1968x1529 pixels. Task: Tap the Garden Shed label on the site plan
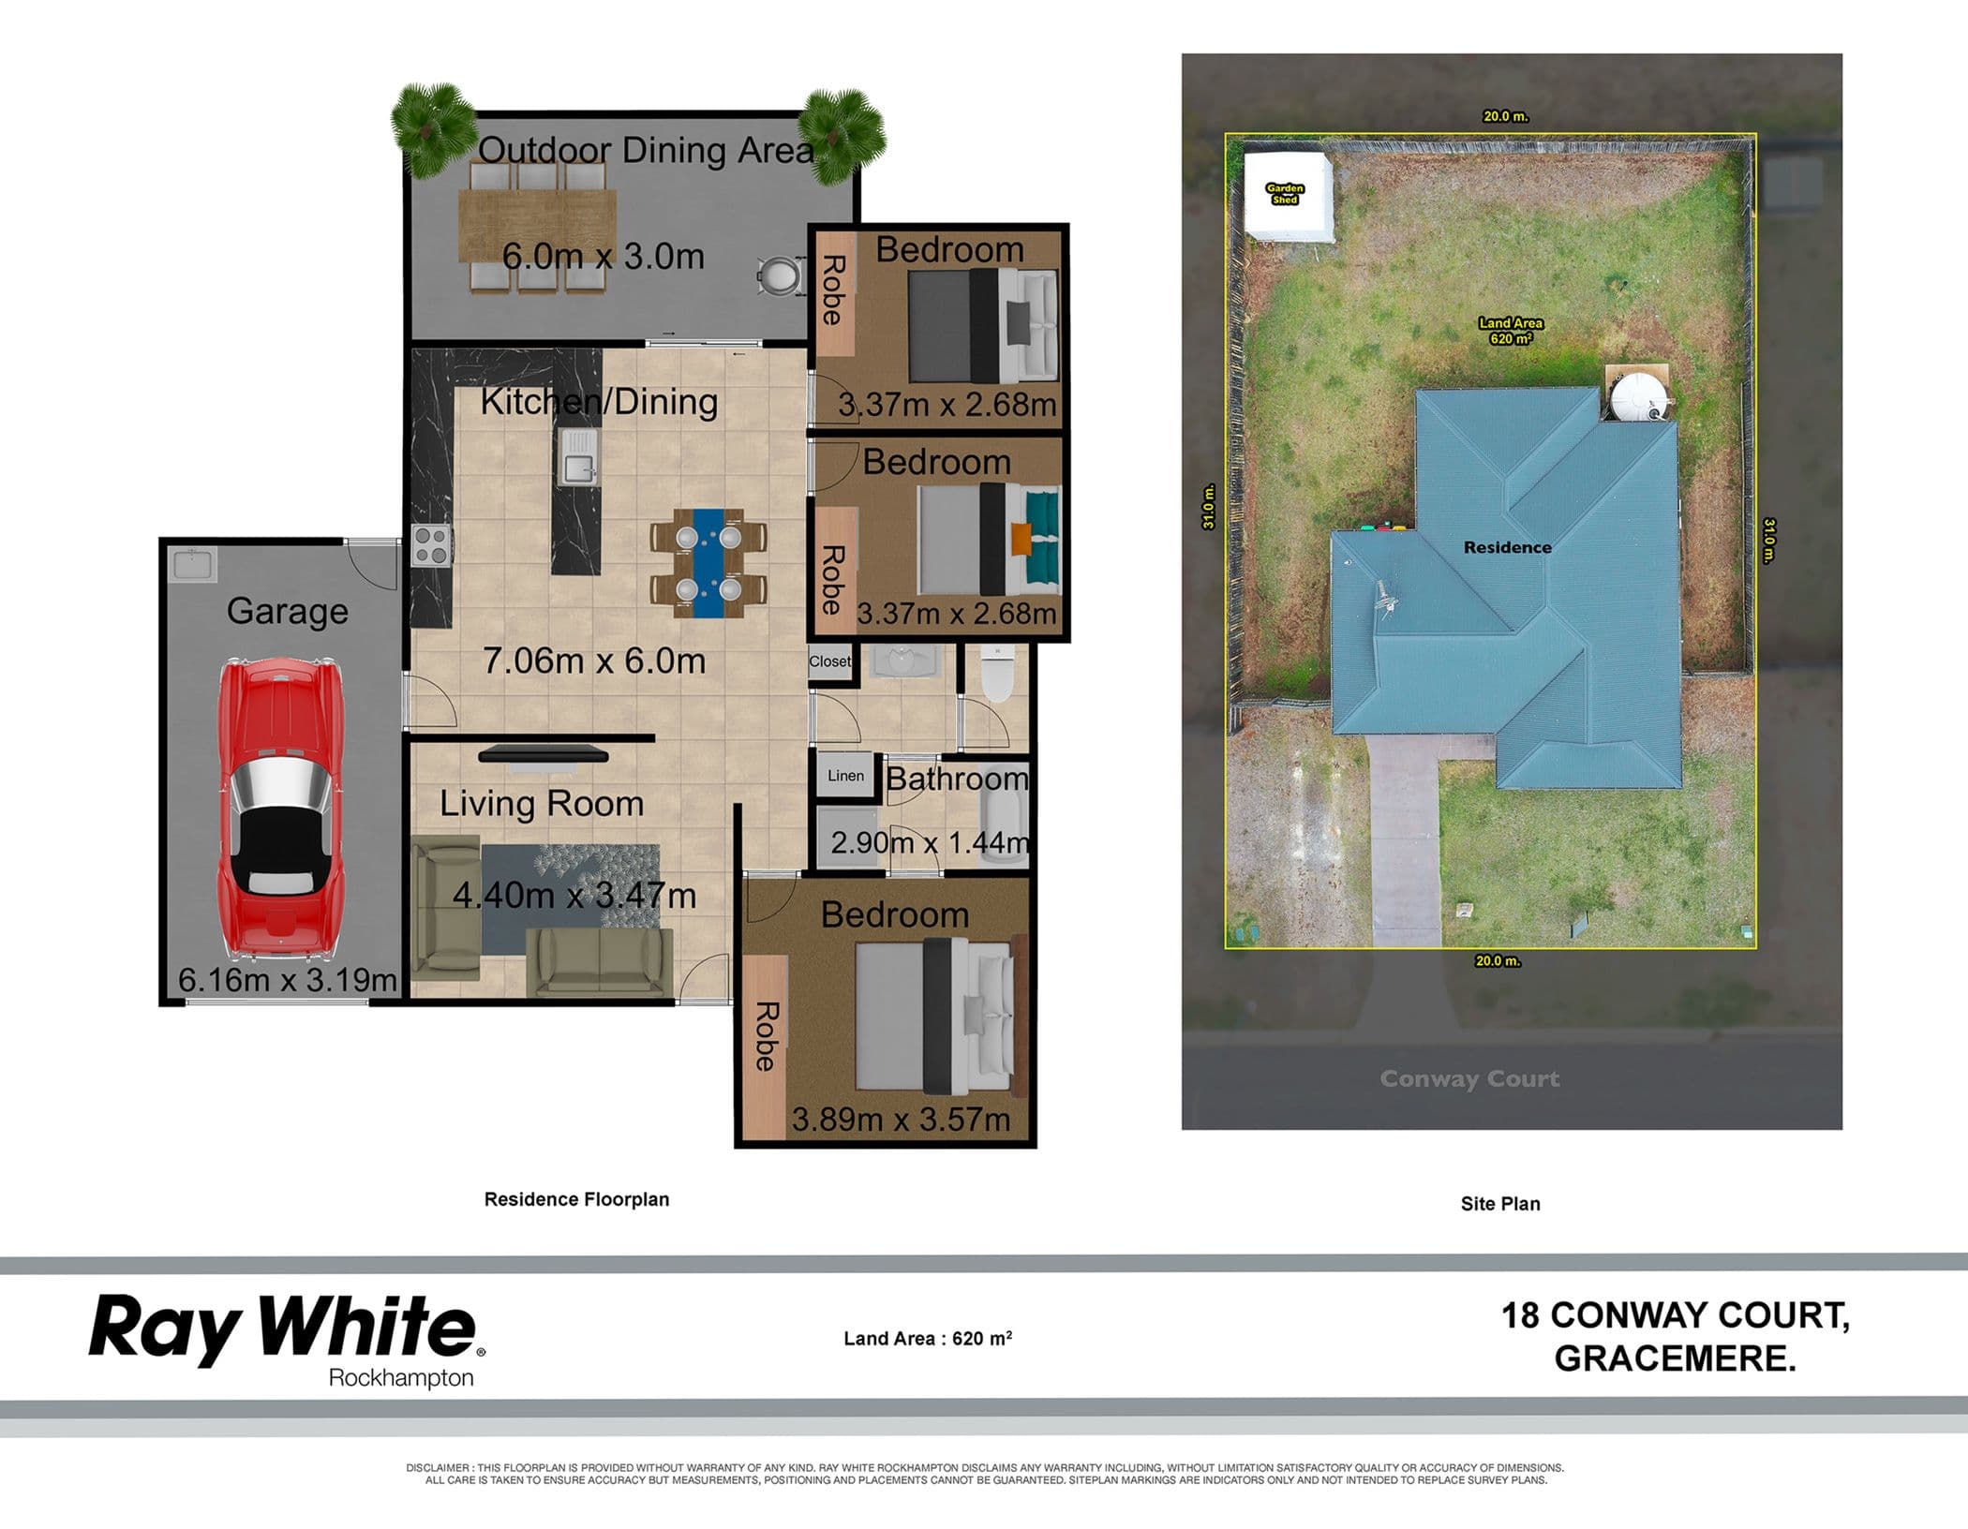click(x=1285, y=194)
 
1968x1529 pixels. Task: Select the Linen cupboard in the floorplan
click(x=845, y=776)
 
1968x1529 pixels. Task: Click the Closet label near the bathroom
click(x=829, y=661)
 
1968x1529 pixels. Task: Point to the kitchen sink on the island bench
click(x=578, y=456)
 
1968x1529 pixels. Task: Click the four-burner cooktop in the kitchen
click(x=431, y=545)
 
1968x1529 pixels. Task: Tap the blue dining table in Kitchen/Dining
click(x=708, y=563)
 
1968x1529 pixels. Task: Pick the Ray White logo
click(x=287, y=1338)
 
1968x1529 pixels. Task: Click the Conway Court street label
click(x=1469, y=1078)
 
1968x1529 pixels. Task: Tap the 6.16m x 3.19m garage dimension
click(x=288, y=980)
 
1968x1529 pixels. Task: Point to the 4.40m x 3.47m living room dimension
click(x=574, y=896)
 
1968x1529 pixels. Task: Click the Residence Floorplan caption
click(x=576, y=1199)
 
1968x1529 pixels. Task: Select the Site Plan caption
click(x=1500, y=1204)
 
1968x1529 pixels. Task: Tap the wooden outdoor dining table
click(x=537, y=226)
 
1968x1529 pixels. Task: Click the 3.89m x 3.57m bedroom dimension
click(x=901, y=1119)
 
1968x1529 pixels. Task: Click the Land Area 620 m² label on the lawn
click(x=1511, y=331)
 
